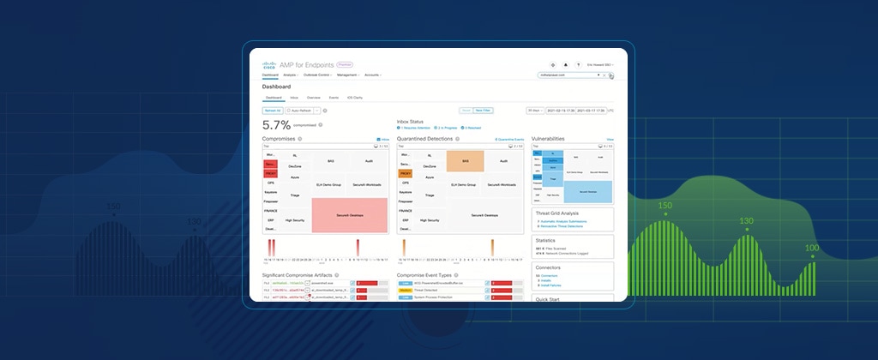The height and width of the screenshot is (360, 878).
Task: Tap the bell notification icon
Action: pyautogui.click(x=566, y=64)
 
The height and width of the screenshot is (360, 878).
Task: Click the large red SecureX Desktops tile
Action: pyautogui.click(x=350, y=215)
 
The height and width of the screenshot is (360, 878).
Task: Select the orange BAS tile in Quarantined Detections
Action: pyautogui.click(x=466, y=160)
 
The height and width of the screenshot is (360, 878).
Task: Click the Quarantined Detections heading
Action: pyautogui.click(x=424, y=138)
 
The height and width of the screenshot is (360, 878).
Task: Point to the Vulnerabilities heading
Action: pyautogui.click(x=548, y=138)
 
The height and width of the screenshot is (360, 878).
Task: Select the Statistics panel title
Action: pyautogui.click(x=545, y=240)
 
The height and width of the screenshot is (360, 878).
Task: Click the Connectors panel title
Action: pyautogui.click(x=547, y=267)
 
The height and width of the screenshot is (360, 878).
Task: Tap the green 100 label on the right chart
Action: pyautogui.click(x=811, y=248)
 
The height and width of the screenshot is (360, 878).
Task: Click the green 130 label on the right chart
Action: pyautogui.click(x=747, y=221)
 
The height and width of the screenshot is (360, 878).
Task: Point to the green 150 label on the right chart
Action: pyautogui.click(x=665, y=206)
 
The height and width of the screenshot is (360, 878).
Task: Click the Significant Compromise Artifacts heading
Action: pyautogui.click(x=302, y=275)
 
